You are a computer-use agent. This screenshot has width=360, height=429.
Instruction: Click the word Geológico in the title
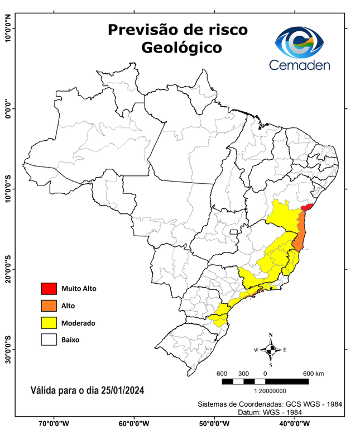point(181,47)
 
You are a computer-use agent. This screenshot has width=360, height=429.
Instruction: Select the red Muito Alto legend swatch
point(49,289)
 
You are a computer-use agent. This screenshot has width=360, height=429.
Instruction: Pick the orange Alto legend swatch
point(49,306)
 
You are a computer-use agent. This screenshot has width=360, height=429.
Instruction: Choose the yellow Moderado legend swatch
point(49,322)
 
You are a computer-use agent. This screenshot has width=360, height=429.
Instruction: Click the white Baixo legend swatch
point(49,339)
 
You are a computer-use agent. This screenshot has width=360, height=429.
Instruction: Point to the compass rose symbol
point(271,350)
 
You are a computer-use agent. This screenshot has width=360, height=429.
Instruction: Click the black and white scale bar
point(265,382)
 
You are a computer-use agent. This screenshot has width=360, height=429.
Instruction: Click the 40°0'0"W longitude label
point(296,423)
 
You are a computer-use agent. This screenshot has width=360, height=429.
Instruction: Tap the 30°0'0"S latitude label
point(8,349)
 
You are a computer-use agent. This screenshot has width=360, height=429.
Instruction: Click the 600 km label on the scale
point(314,373)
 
